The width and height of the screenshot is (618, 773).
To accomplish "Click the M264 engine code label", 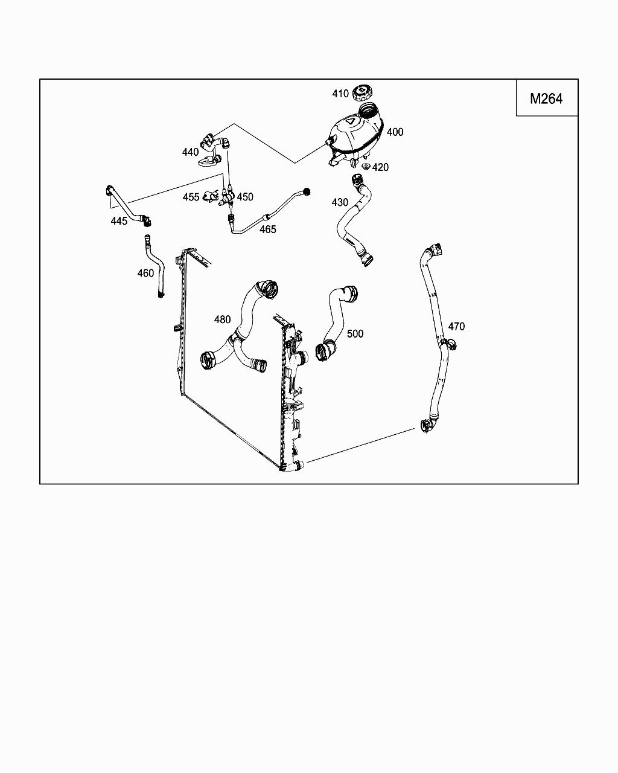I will [x=546, y=98].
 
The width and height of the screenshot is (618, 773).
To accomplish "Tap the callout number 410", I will [x=340, y=94].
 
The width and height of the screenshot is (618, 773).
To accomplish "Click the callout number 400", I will [x=395, y=132].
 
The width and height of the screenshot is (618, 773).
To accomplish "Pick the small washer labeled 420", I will [x=365, y=166].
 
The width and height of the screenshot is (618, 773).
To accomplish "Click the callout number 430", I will [x=340, y=202].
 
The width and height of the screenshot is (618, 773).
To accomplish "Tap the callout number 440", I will [x=190, y=152].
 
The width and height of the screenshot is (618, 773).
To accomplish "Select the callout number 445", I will [x=119, y=221].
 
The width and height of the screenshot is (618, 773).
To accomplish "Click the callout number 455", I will [x=191, y=197].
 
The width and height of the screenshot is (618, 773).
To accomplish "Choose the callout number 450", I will [x=245, y=197].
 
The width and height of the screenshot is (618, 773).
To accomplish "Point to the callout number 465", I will [x=268, y=229].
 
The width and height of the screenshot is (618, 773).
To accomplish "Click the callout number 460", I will [x=145, y=273].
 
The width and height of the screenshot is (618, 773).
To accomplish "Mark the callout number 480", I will [x=222, y=319].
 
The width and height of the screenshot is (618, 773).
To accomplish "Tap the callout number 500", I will [x=355, y=333].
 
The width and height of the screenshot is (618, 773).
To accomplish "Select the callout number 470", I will [x=456, y=326].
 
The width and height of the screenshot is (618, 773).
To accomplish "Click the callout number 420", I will [x=381, y=167].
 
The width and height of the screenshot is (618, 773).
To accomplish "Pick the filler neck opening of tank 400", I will [x=368, y=110].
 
